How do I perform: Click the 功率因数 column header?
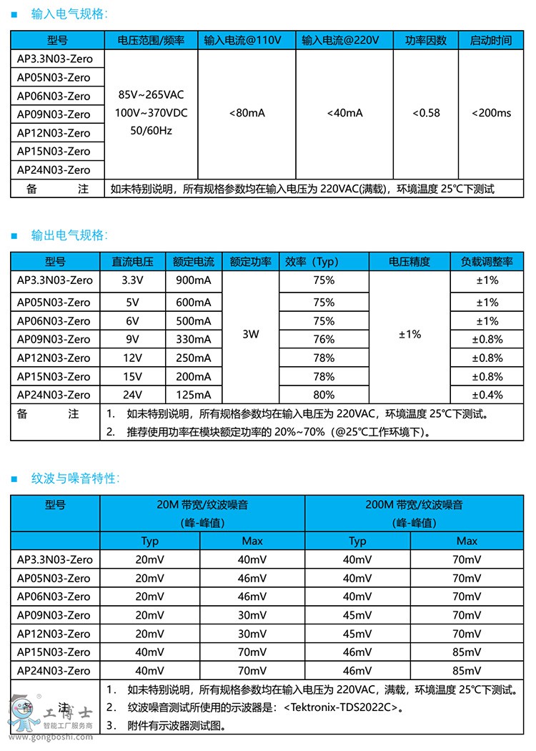point(426,40)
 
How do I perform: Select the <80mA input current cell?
point(247,113)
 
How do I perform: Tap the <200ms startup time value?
point(492,113)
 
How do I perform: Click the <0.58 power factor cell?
point(426,113)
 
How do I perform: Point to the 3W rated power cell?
point(250,334)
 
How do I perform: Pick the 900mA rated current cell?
point(194,280)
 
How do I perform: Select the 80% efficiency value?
point(324,394)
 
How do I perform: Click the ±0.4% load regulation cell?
point(490,394)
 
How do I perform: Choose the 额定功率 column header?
point(250,262)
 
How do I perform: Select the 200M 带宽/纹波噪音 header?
point(414,505)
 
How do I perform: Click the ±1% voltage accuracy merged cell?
point(409,334)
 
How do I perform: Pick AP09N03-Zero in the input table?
point(54,114)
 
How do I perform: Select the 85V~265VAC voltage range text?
point(150,94)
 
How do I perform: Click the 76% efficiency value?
point(324,339)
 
